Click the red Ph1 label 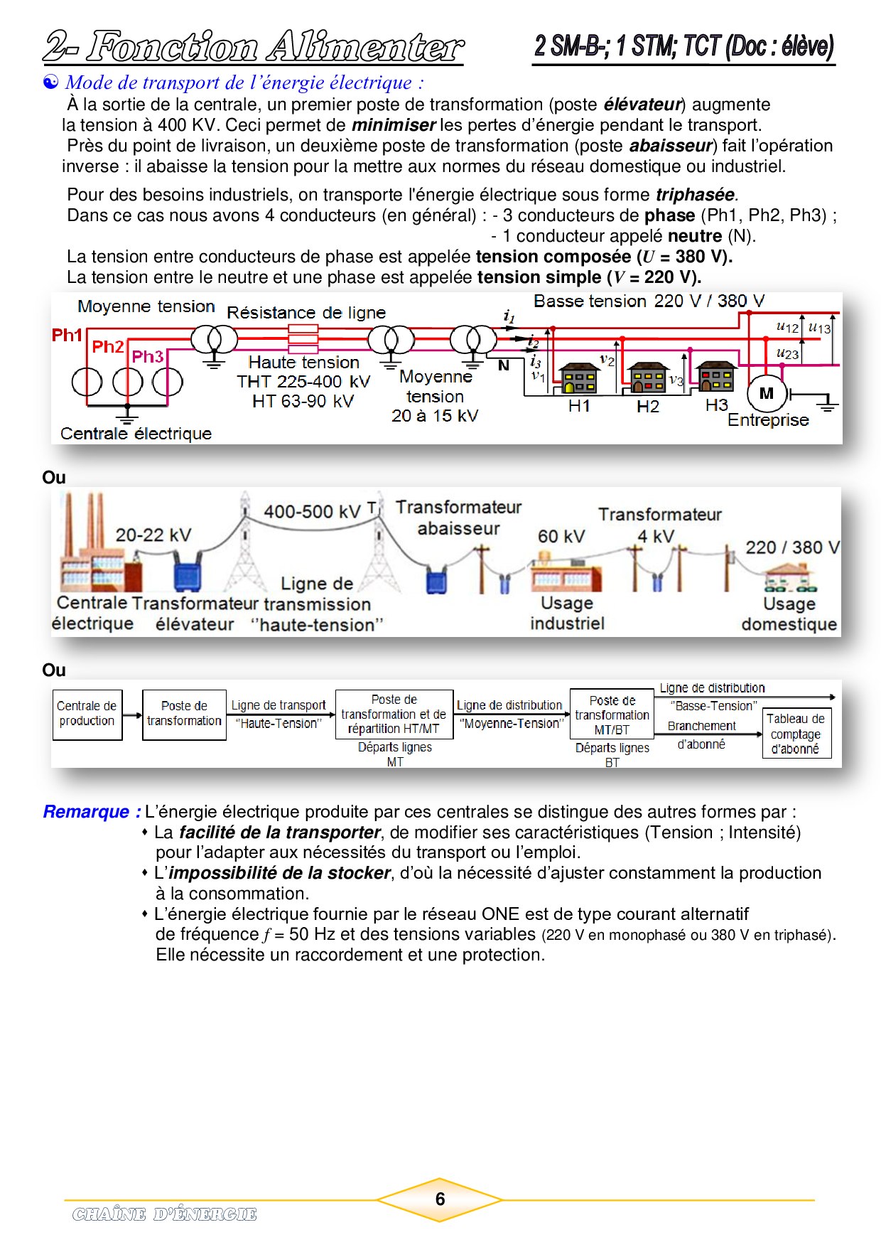(67, 335)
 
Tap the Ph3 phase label (148, 356)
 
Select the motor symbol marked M (767, 393)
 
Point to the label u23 (787, 353)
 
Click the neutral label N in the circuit (504, 365)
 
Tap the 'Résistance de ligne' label (306, 313)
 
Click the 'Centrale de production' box (87, 714)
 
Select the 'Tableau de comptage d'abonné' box (796, 733)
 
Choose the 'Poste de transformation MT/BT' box (612, 715)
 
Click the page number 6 (440, 1199)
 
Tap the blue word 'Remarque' (87, 812)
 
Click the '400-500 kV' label (312, 512)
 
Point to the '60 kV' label (561, 536)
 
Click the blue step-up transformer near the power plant (188, 574)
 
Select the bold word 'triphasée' (695, 195)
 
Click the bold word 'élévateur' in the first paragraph (642, 105)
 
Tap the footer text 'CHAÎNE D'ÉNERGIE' (164, 1214)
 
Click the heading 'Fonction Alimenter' (275, 47)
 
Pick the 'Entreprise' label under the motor (768, 420)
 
